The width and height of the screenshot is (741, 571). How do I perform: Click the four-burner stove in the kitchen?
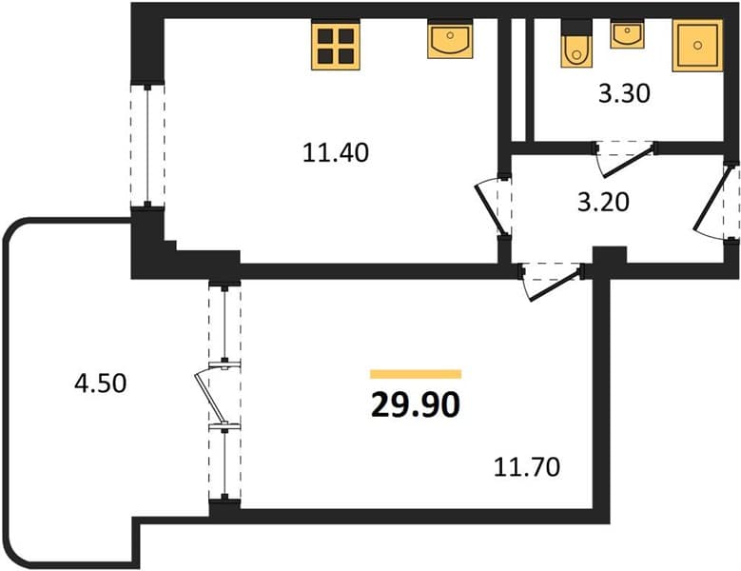336,45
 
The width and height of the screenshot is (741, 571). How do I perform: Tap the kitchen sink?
450,40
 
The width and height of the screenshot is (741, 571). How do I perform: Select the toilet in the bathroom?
576,49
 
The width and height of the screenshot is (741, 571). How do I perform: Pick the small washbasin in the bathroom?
627,33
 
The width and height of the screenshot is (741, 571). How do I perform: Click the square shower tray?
697,46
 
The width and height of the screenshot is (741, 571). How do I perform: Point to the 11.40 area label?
336,152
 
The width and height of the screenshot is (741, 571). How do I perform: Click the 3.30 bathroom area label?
624,93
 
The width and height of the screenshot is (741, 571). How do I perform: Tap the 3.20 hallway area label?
603,202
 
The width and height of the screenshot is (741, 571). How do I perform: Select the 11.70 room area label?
527,467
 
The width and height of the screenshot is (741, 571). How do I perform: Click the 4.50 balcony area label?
100,383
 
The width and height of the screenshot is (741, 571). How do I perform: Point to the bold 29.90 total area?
416,405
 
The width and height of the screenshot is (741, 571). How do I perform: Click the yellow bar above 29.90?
416,374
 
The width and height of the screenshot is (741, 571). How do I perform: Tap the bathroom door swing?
625,160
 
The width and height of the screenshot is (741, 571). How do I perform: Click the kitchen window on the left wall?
147,146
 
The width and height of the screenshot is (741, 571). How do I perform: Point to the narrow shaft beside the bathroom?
518,79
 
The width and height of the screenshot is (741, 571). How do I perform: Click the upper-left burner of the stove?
324,36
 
